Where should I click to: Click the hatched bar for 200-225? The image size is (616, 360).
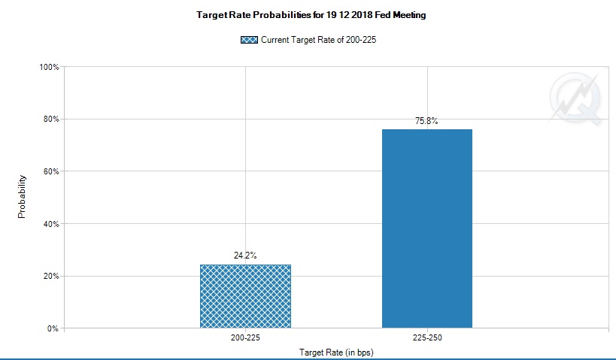pos(245,296)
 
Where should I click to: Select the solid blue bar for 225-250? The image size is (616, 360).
pos(426,228)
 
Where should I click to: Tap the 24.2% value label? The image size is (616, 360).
pos(245,256)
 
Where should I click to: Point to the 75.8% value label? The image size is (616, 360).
pos(426,120)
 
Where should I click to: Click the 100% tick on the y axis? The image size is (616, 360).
pos(50,67)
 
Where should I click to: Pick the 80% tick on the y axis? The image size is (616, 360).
pos(52,119)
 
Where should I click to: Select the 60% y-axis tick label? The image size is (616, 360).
pos(52,171)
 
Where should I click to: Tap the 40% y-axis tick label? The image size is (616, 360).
pos(52,224)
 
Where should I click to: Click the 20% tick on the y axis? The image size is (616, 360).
pos(52,276)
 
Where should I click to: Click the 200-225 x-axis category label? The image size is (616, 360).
pos(245,339)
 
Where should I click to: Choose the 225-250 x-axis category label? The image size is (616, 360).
pos(426,339)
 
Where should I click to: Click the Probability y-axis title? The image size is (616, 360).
pos(22,197)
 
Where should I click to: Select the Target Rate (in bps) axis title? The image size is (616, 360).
pos(336,352)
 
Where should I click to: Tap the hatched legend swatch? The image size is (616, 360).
pos(249,40)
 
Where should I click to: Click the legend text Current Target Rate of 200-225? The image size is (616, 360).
pos(318,40)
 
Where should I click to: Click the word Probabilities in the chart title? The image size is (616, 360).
pos(268,15)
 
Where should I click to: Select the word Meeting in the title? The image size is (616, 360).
pos(409,15)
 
